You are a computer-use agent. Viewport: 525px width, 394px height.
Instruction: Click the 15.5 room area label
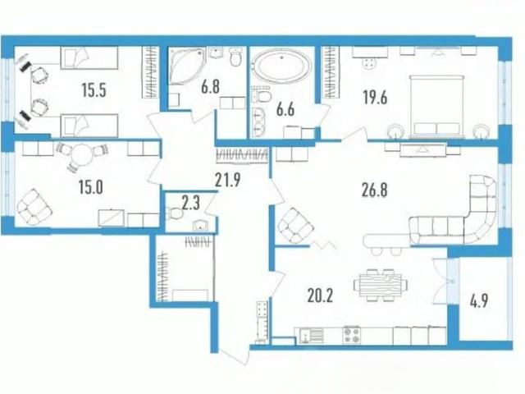pos(94,90)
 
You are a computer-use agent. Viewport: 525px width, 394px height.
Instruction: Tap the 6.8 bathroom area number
pos(210,87)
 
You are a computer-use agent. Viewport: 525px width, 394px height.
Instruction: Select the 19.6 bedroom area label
pos(375,98)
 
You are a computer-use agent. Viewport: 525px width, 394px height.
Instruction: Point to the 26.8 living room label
pos(375,190)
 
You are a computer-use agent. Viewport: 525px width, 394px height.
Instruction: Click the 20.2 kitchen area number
pos(320,295)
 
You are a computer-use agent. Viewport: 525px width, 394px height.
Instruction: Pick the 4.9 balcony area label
pos(479,300)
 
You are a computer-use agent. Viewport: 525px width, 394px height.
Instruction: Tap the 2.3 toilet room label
pos(190,203)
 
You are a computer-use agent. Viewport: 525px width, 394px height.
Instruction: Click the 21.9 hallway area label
pos(228,181)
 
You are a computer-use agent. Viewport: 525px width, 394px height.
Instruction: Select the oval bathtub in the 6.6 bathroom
pos(281,66)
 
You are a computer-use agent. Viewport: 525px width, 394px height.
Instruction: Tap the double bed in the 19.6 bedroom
pos(437,107)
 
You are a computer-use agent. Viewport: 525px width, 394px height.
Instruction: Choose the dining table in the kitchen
pos(381,286)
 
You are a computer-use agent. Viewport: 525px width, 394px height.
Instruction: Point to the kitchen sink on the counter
pos(312,336)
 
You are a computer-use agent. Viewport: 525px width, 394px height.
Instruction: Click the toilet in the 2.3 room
pos(175,213)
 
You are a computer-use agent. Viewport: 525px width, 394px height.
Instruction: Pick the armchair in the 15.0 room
pos(34,207)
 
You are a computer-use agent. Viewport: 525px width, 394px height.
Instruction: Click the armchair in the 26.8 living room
pos(295,225)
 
